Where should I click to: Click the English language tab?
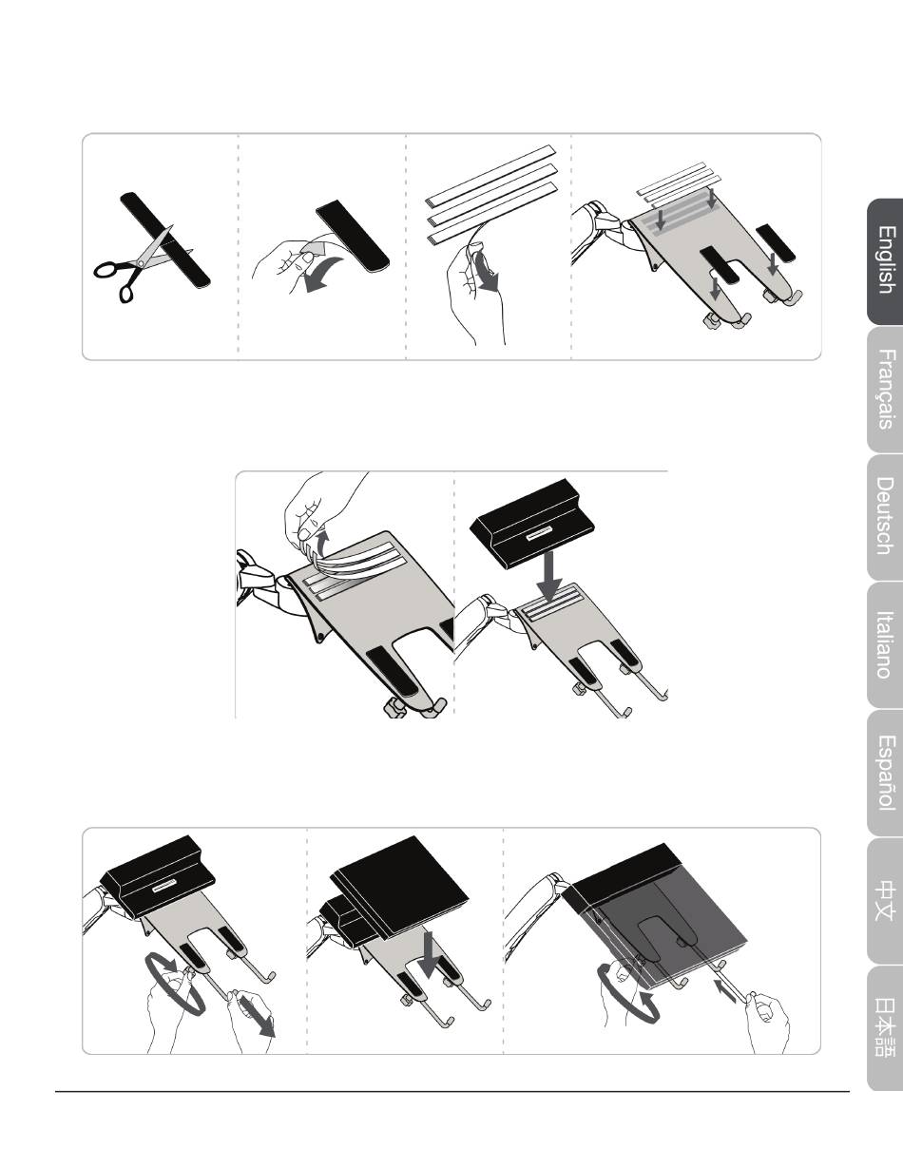tap(885, 261)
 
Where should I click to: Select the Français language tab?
tap(885, 389)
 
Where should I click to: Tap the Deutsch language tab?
tap(885, 517)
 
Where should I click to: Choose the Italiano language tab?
tap(885, 645)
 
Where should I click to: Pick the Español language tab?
tap(885, 773)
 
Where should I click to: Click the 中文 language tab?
tap(885, 901)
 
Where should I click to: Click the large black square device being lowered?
tap(399, 886)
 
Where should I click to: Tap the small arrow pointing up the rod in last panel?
tap(725, 990)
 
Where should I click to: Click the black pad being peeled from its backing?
tap(353, 236)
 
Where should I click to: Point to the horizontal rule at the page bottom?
tap(452, 1092)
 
